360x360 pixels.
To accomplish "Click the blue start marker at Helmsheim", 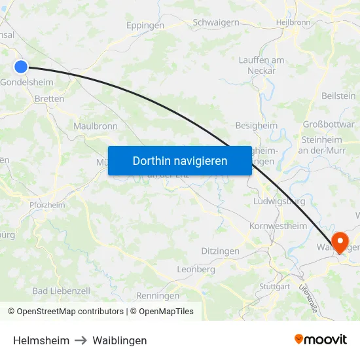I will click(21, 66).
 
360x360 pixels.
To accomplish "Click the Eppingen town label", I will click(145, 26).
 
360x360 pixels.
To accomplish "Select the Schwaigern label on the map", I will click(215, 22).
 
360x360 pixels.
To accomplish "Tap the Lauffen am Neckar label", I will click(261, 65).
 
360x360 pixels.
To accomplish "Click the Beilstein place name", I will click(338, 96).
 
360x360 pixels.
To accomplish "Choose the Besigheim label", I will click(256, 125).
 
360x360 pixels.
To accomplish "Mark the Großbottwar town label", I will click(328, 124).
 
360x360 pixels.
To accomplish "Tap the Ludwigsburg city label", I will click(279, 201).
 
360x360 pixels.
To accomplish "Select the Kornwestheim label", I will click(278, 226).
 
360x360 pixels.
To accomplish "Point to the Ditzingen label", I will click(220, 251).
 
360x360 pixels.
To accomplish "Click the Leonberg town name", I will click(196, 269).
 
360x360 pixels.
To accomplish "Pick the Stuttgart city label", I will click(274, 287).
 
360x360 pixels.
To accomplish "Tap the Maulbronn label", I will click(96, 126).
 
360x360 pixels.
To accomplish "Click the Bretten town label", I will click(49, 99).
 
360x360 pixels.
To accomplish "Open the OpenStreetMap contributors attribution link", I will click(69, 312).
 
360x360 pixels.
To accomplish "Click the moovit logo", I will click(320, 340).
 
